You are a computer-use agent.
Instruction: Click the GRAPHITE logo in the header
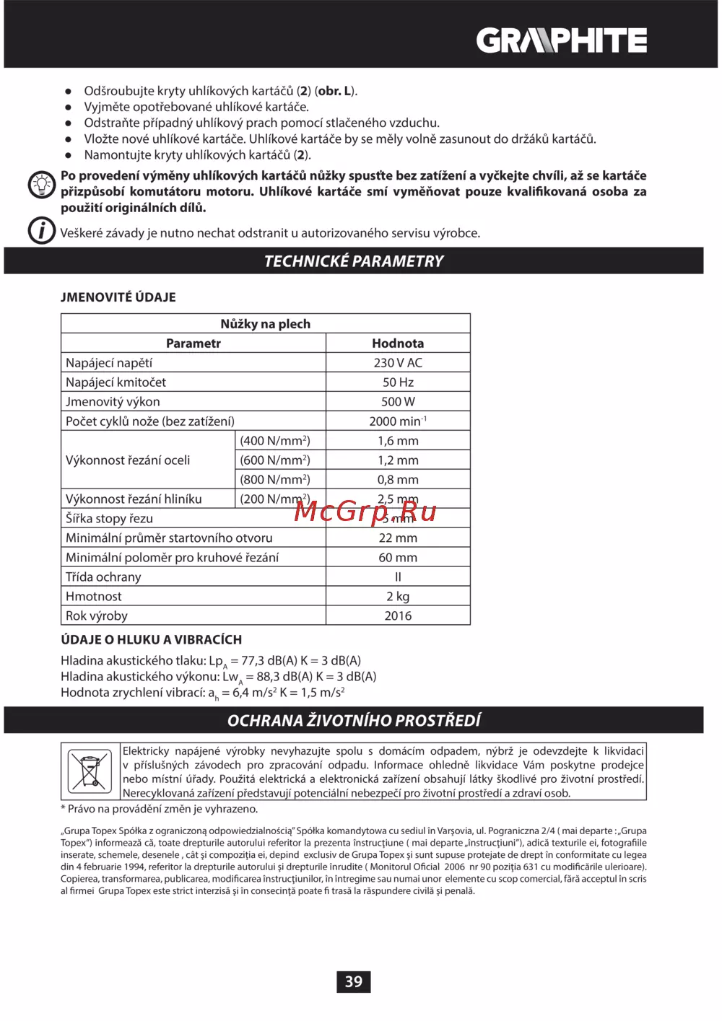561,40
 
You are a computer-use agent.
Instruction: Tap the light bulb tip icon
42,185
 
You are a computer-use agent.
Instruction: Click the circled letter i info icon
42,231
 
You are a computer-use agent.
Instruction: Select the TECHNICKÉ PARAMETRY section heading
354,261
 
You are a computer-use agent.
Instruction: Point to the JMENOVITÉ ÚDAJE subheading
118,297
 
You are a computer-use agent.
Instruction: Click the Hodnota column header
398,343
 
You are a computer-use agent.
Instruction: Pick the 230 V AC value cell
398,363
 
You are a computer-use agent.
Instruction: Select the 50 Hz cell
398,382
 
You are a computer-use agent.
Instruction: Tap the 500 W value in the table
398,402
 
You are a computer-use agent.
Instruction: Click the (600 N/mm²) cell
275,460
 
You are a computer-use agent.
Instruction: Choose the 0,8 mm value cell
398,480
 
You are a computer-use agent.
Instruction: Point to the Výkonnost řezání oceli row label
128,460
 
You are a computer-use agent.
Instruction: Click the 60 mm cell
398,558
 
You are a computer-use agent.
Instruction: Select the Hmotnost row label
94,597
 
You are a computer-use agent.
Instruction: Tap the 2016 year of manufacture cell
398,616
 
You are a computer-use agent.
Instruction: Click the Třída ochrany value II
398,577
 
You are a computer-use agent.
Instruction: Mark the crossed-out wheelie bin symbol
90,771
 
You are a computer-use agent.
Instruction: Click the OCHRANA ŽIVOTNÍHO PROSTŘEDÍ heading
354,720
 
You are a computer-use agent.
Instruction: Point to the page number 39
354,981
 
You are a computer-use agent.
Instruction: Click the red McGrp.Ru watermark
365,512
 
